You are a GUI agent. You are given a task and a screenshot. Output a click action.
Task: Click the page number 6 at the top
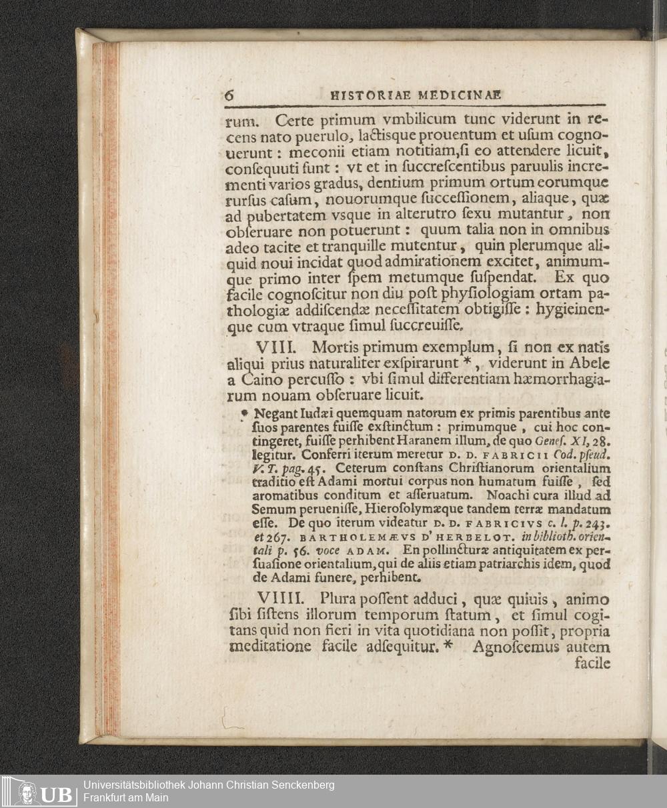tap(229, 95)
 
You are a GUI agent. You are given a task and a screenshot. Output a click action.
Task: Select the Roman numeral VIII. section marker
tap(279, 348)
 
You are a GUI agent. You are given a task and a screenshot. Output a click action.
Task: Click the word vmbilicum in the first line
tap(404, 121)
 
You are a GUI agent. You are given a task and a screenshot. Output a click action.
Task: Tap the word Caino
tap(261, 380)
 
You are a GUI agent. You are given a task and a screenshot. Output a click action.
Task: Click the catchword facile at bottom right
tap(592, 663)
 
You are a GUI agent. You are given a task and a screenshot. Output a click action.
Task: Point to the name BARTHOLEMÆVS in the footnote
tap(304, 536)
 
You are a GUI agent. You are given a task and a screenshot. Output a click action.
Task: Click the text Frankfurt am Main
tap(126, 798)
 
